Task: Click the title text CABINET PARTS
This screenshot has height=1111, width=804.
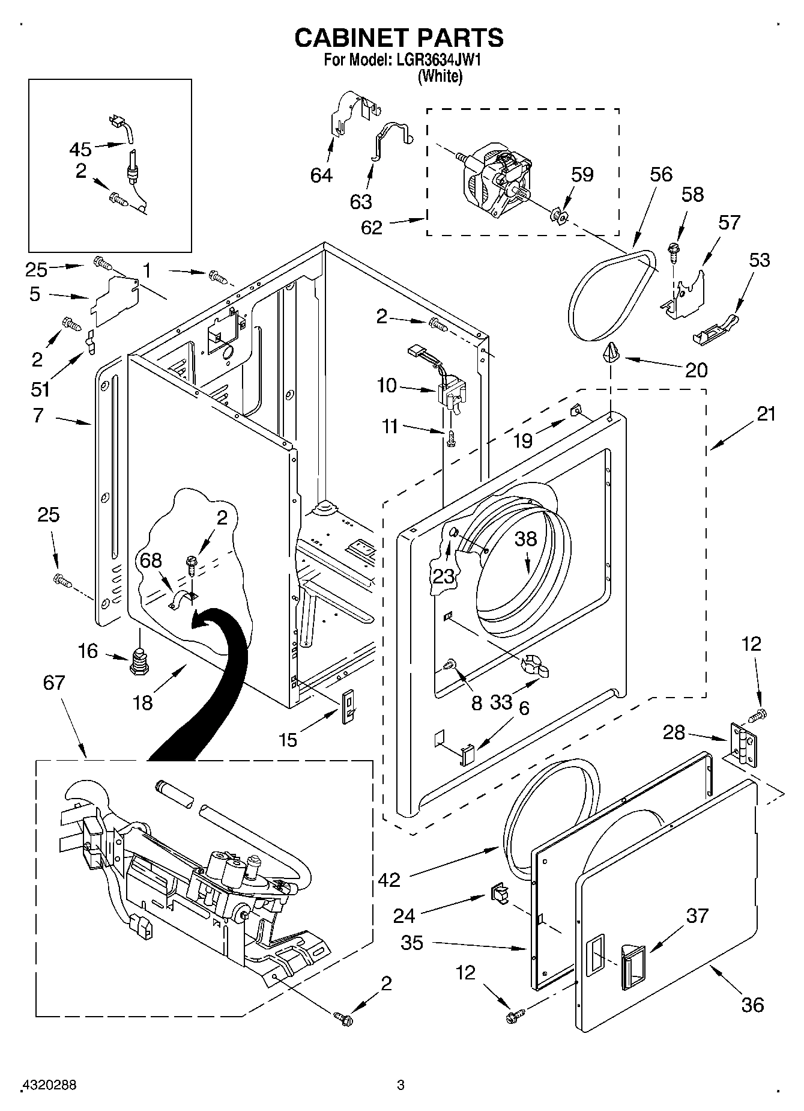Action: [x=399, y=37]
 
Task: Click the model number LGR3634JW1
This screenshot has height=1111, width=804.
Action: [x=434, y=61]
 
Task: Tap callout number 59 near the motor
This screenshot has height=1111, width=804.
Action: [x=582, y=175]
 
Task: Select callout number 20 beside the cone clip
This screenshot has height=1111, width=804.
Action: [x=697, y=370]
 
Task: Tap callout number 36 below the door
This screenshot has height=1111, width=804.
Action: [x=752, y=1004]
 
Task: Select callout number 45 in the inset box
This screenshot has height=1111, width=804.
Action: [x=80, y=148]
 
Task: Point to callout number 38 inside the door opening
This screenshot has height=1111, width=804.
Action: [x=525, y=539]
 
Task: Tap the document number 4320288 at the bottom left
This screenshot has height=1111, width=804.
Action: [x=49, y=1085]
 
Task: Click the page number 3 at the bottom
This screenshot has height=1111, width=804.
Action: [x=400, y=1085]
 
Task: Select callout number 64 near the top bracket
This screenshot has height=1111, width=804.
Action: [x=322, y=175]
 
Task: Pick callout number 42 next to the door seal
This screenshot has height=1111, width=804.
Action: [x=390, y=880]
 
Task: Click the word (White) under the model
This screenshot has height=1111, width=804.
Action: [x=440, y=76]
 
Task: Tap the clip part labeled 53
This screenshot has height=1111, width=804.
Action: [x=718, y=330]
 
